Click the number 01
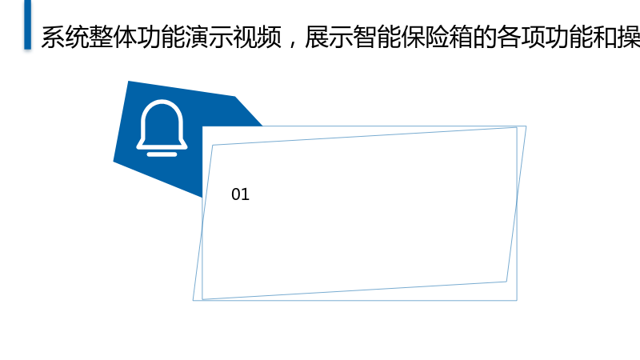240,194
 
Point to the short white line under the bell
162,154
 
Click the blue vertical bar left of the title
27,25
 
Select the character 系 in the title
53,37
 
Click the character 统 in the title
77,37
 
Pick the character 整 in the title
102,37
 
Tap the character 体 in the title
126,37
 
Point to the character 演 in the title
198,37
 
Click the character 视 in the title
246,37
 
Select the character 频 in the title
270,37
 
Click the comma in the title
292,43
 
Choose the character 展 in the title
317,37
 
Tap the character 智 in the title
365,37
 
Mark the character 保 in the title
413,37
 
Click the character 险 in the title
437,37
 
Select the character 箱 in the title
462,37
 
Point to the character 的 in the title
486,37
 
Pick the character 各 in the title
510,37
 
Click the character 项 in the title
534,37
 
